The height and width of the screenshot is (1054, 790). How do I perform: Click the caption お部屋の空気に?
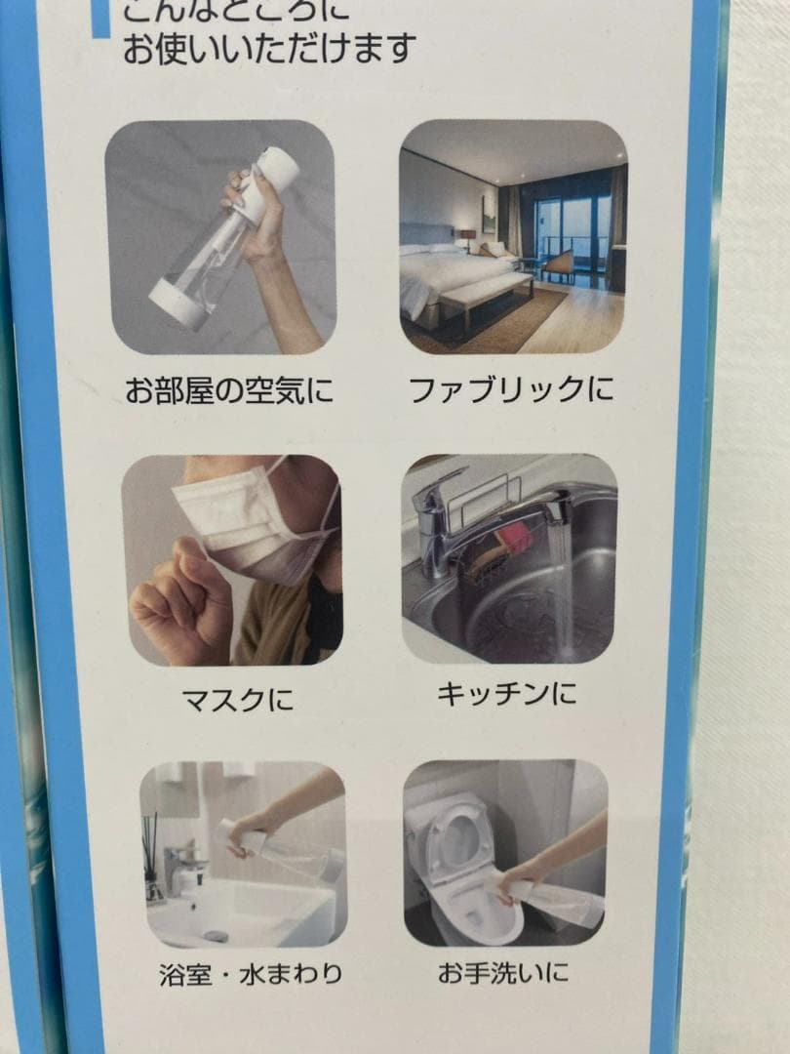228,392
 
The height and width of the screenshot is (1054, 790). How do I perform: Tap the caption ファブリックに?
511,390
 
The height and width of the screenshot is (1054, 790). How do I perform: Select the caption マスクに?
237,699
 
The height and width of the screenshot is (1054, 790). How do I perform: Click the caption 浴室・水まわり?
251,973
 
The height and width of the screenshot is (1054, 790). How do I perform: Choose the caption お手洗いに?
503,973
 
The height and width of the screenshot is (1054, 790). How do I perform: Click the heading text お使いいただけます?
269,48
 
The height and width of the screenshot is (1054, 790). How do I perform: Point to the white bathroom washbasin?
244,912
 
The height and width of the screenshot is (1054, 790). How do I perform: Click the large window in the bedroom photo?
575,234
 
